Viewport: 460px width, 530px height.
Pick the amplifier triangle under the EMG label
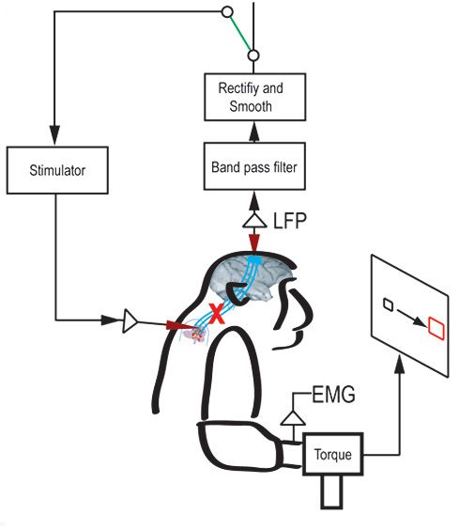(294, 414)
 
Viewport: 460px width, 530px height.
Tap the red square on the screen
(436, 327)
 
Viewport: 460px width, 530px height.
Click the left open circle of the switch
(225, 12)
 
